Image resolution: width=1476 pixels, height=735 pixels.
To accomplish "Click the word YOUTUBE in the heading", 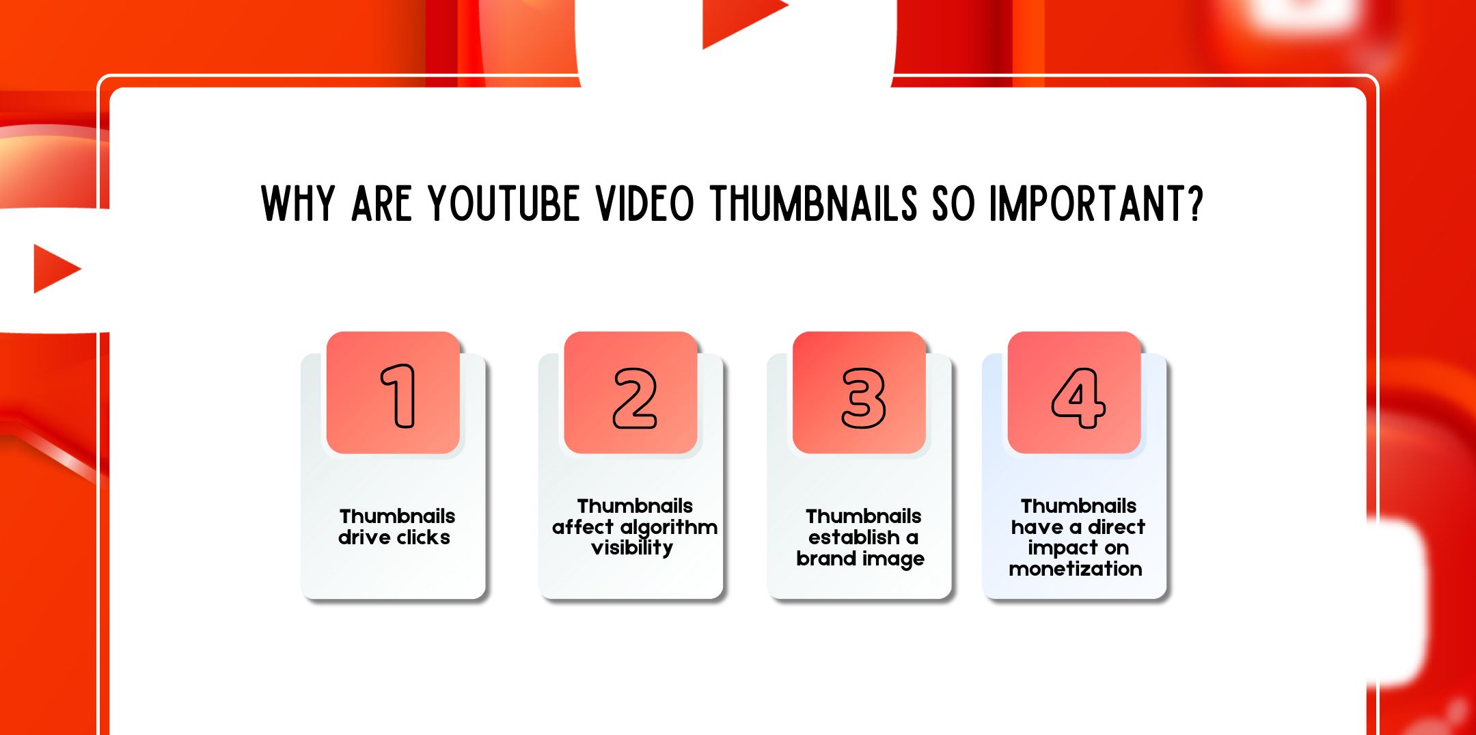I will (x=504, y=204).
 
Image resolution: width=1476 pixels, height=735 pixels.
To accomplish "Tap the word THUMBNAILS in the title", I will (x=814, y=204).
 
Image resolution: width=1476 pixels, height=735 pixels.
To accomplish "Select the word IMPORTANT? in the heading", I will (x=1096, y=204).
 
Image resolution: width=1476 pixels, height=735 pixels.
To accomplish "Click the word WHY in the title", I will (x=298, y=204).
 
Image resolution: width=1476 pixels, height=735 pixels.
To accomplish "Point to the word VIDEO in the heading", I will (x=645, y=204).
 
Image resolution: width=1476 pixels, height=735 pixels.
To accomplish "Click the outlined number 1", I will (x=398, y=396).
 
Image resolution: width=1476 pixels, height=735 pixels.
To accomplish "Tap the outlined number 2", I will (x=635, y=398).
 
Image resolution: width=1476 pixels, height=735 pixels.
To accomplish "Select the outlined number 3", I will (x=863, y=398).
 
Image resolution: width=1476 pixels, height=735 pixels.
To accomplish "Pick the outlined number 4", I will (x=1078, y=398).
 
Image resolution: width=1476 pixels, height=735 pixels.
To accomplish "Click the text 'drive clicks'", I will (x=394, y=537).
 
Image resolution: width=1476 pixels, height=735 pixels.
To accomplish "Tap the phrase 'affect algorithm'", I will (x=635, y=527).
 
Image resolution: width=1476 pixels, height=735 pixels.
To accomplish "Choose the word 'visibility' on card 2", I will (x=632, y=548).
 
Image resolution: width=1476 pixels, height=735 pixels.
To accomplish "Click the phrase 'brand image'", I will (x=860, y=559).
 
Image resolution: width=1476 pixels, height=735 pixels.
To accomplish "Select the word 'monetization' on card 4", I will (x=1076, y=569).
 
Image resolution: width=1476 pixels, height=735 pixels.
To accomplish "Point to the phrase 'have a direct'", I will (x=1078, y=527).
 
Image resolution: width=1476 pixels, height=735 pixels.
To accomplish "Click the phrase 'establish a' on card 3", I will (x=863, y=537).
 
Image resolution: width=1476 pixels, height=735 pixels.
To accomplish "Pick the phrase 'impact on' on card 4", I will (x=1078, y=548).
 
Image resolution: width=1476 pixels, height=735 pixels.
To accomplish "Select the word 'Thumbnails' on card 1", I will (x=397, y=516).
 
